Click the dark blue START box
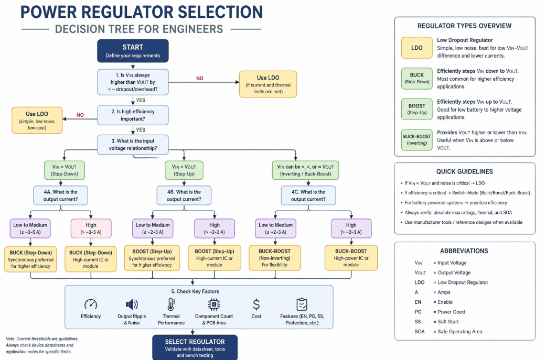tap(133, 51)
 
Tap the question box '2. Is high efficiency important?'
tap(133, 115)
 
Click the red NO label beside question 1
tap(200, 78)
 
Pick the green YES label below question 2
tap(141, 129)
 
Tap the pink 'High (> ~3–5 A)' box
tap(91, 228)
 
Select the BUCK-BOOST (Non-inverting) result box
tap(274, 258)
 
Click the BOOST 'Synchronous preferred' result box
tap(152, 258)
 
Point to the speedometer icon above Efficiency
tap(91, 304)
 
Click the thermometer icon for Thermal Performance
tap(171, 304)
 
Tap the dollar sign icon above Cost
tap(256, 304)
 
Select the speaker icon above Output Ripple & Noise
tap(132, 304)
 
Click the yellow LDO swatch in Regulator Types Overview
tap(417, 48)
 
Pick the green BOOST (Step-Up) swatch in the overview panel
tap(417, 109)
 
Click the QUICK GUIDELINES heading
tap(464, 171)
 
